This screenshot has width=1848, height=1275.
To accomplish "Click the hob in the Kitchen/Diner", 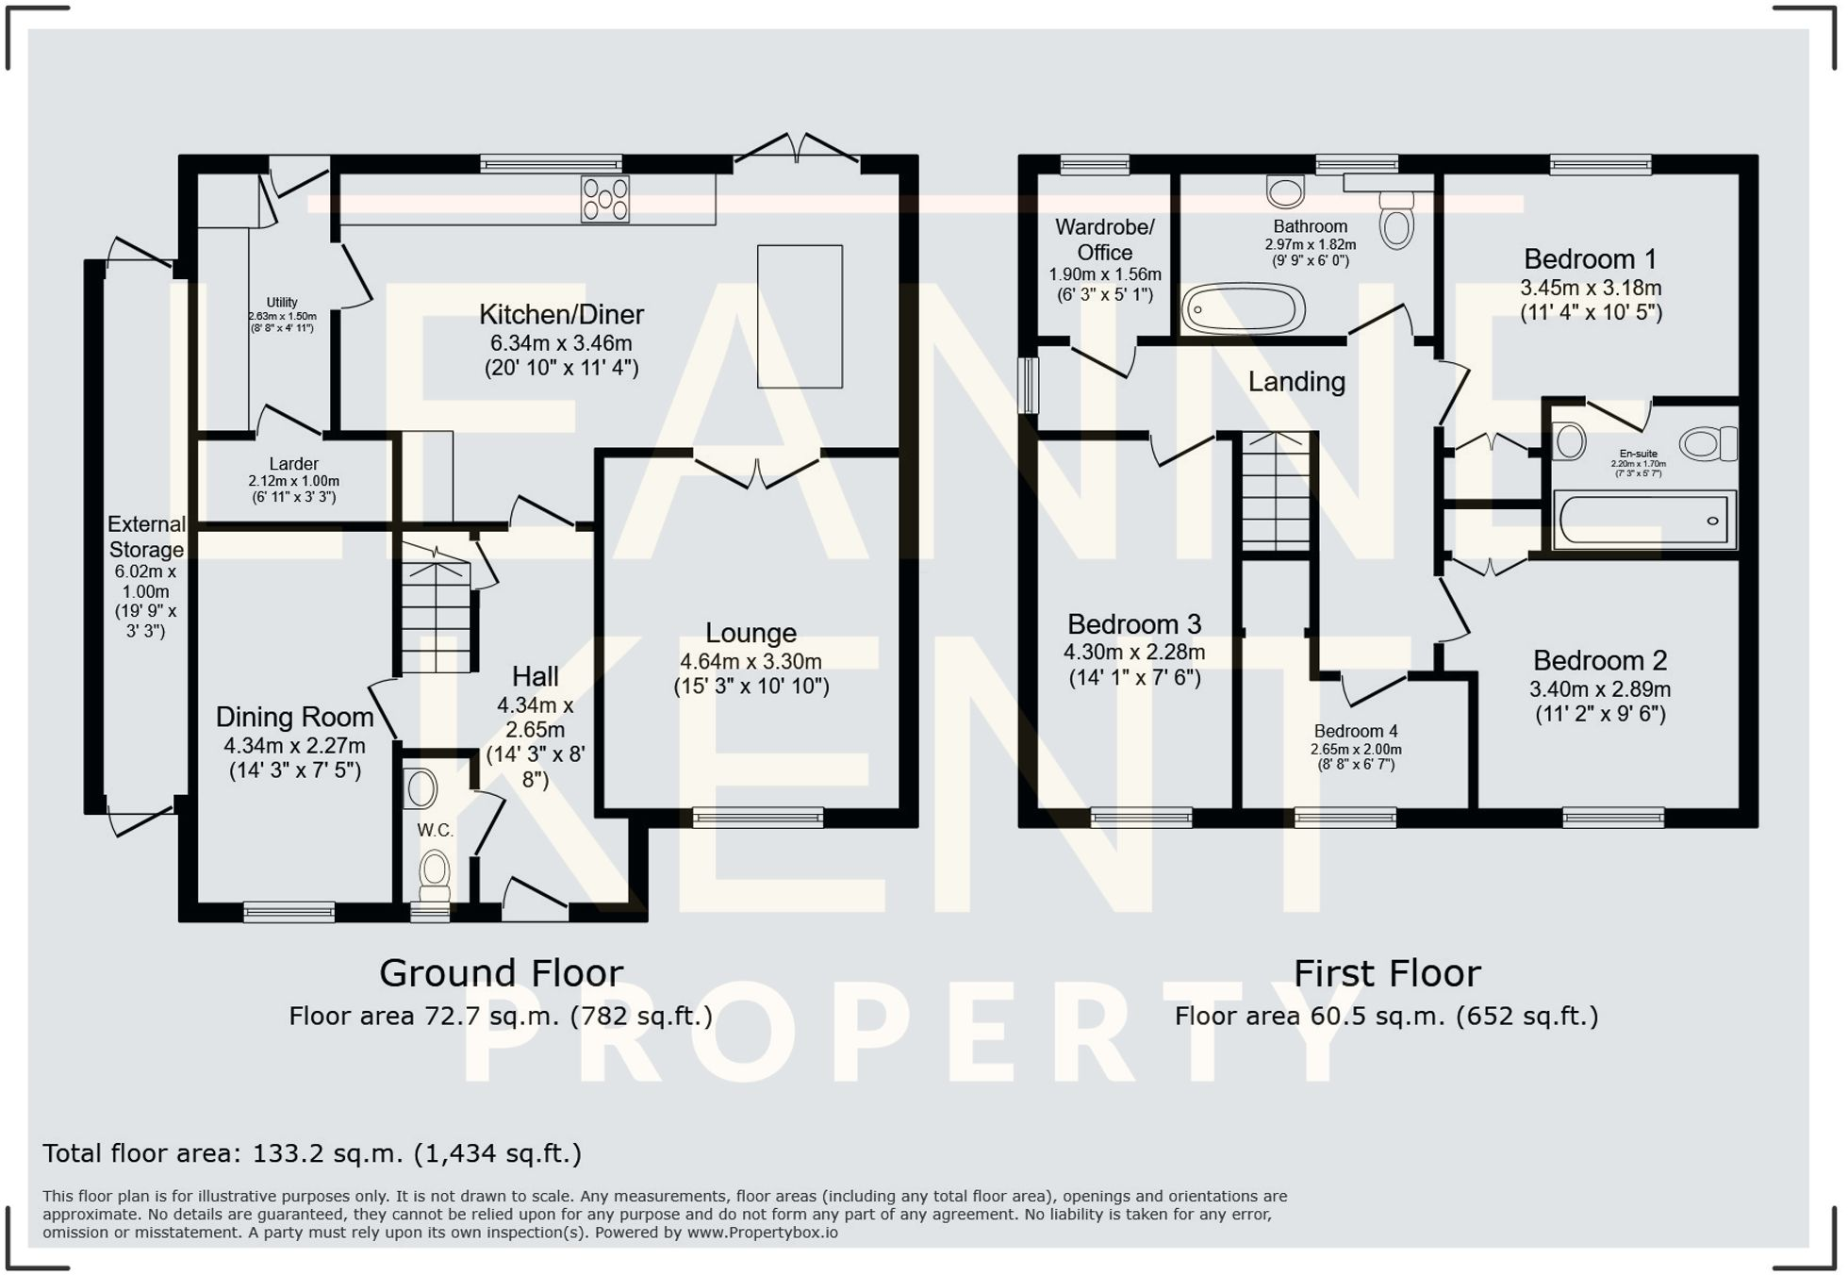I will (x=605, y=199).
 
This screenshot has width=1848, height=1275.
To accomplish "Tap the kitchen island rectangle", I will (x=800, y=317).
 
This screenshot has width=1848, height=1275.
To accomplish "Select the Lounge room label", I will (x=751, y=633).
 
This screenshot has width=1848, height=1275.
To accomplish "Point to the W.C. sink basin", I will (x=421, y=788).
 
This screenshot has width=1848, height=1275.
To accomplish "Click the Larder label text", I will (x=293, y=464).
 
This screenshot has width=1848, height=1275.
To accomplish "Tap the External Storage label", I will (x=146, y=537).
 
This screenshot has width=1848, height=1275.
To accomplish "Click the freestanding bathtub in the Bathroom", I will (x=1244, y=308).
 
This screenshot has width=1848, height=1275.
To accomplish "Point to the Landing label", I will (x=1296, y=382).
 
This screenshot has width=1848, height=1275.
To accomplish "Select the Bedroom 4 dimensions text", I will (x=1355, y=751).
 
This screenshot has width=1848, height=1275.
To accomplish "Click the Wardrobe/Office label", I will (x=1105, y=240).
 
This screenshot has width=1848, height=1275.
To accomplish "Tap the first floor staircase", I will (x=1276, y=491).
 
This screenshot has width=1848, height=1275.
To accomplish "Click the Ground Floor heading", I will (x=501, y=973).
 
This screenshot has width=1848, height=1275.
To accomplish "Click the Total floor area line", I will (x=312, y=1153).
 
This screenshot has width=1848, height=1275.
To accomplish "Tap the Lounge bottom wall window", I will (x=758, y=818).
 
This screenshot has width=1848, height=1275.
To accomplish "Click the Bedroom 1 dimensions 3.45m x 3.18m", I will (x=1591, y=289).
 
